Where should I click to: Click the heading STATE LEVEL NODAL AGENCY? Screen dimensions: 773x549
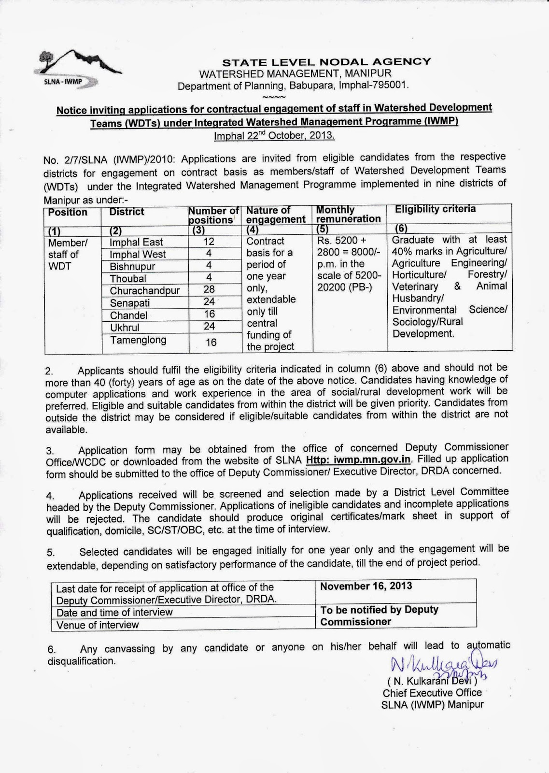click(326, 62)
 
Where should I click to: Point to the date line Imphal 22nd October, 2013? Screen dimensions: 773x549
click(274, 135)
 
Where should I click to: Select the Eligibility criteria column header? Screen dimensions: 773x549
click(435, 209)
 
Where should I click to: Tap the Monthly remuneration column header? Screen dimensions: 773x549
click(348, 214)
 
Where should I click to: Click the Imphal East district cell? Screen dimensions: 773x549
click(136, 242)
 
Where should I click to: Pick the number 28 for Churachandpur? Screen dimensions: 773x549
click(209, 289)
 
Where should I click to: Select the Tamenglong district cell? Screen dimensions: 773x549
click(138, 340)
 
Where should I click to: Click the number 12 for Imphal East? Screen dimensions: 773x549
click(209, 241)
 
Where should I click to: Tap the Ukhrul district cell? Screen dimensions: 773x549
click(125, 327)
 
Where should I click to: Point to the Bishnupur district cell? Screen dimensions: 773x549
click(132, 266)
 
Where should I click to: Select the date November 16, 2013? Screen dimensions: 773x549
click(366, 586)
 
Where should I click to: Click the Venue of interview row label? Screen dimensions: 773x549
click(98, 625)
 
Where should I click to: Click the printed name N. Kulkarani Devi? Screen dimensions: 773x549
click(432, 682)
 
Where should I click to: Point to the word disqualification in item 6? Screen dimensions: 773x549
click(82, 661)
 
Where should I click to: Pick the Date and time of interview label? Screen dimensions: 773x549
click(114, 612)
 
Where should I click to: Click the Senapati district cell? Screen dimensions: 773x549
click(129, 303)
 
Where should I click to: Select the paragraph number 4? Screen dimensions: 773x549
click(50, 496)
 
